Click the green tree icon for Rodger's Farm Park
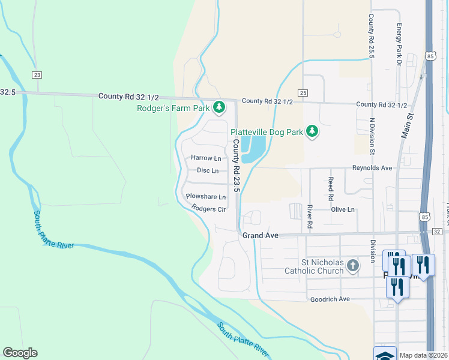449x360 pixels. pos(219,108)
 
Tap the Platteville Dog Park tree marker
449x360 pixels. pos(312,131)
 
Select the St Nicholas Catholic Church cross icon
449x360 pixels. pos(352,265)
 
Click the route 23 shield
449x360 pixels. pos(37,74)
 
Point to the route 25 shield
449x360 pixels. pos(303,92)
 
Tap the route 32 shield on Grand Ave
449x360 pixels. pos(436,231)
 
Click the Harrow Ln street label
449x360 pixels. pos(206,158)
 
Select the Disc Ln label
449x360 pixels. pos(208,170)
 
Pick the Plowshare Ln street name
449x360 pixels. pos(205,196)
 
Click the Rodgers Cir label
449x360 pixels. pos(208,209)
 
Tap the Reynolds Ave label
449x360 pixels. pos(372,168)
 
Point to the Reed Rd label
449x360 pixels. pos(331,188)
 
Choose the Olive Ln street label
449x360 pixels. pos(343,209)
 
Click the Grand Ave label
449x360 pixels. pos(260,236)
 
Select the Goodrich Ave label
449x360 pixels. pos(329,299)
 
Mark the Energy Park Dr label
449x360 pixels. pos(399,44)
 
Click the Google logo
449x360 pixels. pos(20,353)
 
